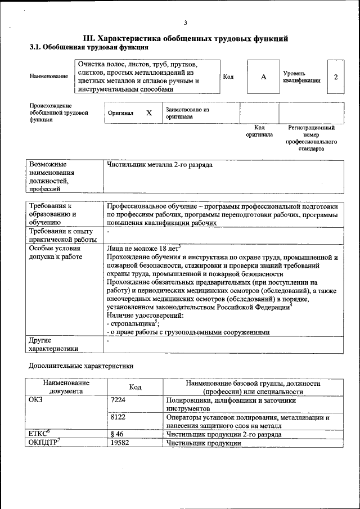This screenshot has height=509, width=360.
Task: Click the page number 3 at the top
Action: point(185,22)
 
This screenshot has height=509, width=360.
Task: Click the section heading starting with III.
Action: point(186,38)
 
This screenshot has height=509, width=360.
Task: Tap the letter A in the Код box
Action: point(263,76)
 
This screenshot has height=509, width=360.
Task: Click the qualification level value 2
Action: point(336,76)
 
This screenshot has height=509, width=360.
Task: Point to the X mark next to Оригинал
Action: point(149,113)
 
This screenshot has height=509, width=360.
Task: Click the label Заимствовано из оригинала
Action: point(187,113)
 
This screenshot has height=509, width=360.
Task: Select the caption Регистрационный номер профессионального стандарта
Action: point(311,138)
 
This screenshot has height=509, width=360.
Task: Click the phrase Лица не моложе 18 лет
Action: point(142,248)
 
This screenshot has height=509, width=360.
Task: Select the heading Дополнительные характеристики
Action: point(81,366)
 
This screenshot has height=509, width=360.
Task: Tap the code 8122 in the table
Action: point(119,418)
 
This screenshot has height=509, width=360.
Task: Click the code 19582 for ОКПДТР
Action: point(120,443)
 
